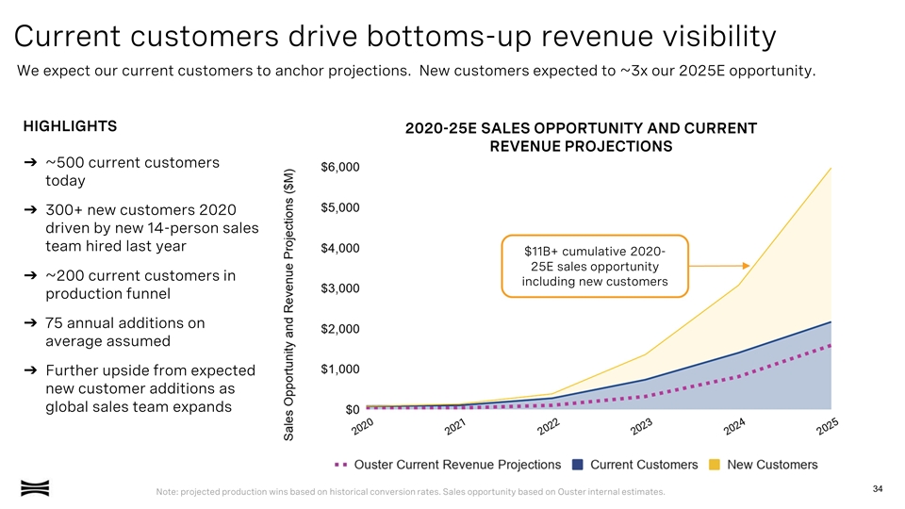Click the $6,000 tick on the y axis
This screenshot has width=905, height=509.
(x=339, y=168)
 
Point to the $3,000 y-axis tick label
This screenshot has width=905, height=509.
(x=339, y=287)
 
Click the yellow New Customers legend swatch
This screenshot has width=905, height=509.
(x=715, y=464)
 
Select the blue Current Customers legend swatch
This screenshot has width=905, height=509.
(x=577, y=464)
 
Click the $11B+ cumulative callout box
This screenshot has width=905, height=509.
(x=595, y=267)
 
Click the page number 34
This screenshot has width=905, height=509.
(x=878, y=487)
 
